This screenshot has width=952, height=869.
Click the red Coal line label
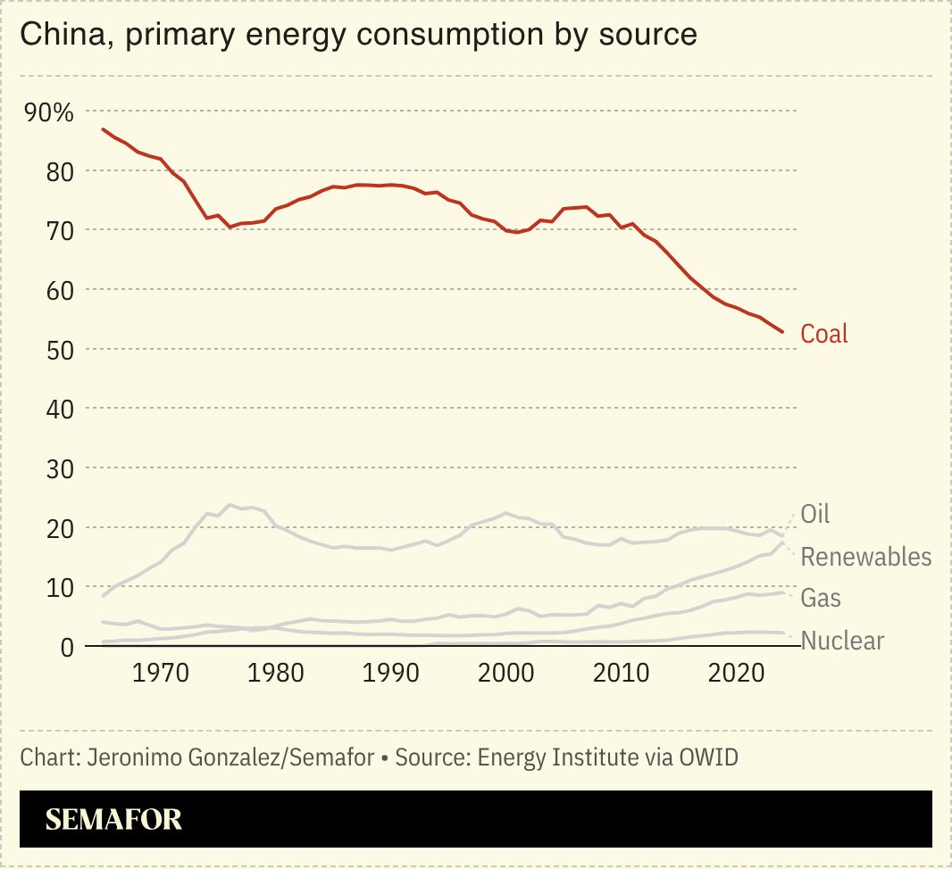pyautogui.click(x=823, y=334)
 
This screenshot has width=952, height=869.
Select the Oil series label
pyautogui.click(x=814, y=514)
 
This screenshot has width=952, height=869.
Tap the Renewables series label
pyautogui.click(x=865, y=557)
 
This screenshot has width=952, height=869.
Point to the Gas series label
pyautogui.click(x=820, y=598)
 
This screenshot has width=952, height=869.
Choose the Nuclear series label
pyautogui.click(x=842, y=641)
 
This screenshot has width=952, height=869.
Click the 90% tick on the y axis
pyautogui.click(x=48, y=112)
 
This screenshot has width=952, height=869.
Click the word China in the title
pyautogui.click(x=59, y=34)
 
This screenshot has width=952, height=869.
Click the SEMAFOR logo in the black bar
pyautogui.click(x=113, y=820)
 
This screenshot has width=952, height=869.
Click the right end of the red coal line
pyautogui.click(x=782, y=332)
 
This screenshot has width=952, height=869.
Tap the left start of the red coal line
pyautogui.click(x=103, y=129)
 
